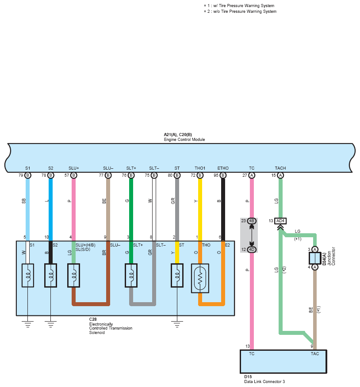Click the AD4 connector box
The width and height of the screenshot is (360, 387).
(280, 221)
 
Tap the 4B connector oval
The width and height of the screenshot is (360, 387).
(252, 221)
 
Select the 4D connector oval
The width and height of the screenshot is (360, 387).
(252, 250)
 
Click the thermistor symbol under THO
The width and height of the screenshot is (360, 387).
(200, 278)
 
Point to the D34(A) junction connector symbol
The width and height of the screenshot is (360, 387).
(315, 258)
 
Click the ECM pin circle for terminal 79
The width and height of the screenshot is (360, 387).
(28, 175)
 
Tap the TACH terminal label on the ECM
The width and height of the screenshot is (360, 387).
(280, 168)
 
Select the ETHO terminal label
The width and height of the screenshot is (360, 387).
(223, 168)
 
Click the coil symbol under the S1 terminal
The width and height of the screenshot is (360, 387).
(28, 275)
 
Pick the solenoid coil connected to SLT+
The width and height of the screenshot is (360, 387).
(131, 275)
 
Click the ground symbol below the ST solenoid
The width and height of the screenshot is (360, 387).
(177, 324)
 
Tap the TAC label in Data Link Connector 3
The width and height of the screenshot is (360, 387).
(315, 354)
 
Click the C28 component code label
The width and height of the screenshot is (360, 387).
(93, 319)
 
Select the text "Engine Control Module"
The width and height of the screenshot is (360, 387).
(184, 140)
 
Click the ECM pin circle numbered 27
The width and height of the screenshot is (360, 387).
(252, 175)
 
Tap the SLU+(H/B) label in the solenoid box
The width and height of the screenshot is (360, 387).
(85, 245)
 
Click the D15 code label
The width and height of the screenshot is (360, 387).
(248, 377)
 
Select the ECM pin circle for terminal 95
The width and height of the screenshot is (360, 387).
(223, 175)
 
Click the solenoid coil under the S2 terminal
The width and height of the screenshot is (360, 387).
(51, 275)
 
